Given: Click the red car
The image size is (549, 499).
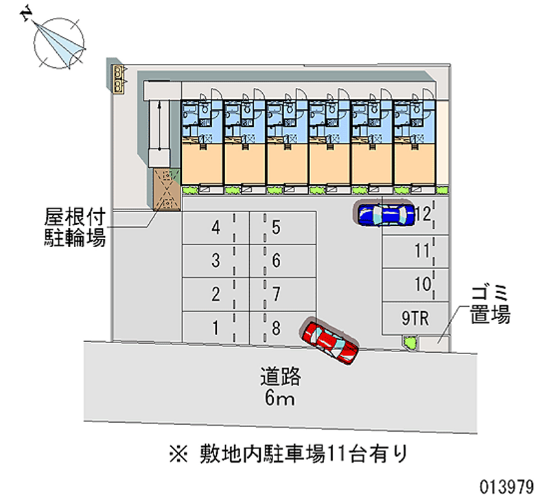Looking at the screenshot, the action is [x=329, y=341].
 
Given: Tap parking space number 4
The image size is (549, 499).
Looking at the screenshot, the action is [x=216, y=228].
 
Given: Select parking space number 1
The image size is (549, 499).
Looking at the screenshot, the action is [x=216, y=327].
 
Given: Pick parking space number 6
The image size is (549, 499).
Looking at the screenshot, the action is [x=283, y=261].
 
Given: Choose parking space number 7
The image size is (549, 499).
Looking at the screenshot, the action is [x=283, y=294].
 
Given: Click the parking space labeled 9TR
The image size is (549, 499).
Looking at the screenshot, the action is [x=415, y=318].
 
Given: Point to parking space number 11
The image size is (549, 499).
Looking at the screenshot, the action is [x=415, y=251].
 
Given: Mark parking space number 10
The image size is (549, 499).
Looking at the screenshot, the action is [x=415, y=284].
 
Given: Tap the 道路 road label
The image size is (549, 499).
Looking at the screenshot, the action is [x=280, y=376].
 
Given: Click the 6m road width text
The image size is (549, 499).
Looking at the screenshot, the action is [x=279, y=398].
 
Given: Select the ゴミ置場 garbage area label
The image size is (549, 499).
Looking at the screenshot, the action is [x=489, y=304].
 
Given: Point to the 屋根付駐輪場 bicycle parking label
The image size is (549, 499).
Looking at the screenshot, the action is [x=75, y=228].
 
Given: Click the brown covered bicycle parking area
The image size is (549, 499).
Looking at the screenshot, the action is [x=167, y=189].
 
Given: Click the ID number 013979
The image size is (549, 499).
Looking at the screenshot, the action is [x=506, y=487].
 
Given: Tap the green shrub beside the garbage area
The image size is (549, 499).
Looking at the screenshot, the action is [x=409, y=342].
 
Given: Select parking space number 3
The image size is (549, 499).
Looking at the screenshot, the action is [x=216, y=261].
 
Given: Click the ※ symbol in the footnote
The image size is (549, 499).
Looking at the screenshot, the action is [x=178, y=454].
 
